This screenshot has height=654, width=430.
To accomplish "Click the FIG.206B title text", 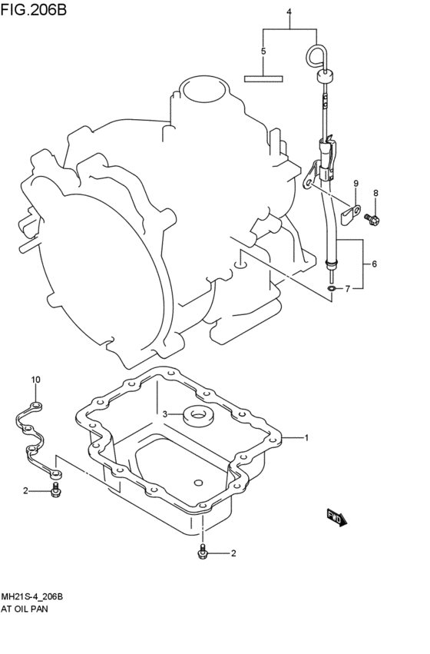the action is point(33,8).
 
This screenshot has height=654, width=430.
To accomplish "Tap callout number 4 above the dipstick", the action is point(289,12).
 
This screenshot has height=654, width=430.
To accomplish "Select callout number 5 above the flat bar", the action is point(263,51).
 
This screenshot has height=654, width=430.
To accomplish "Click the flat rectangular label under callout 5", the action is point(263,78).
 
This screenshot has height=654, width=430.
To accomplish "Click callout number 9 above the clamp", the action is point(356,183).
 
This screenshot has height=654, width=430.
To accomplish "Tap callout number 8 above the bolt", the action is point(375,193).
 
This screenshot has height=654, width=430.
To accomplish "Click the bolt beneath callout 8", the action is point(372,218).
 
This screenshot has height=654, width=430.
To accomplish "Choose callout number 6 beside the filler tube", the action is point(375,264).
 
